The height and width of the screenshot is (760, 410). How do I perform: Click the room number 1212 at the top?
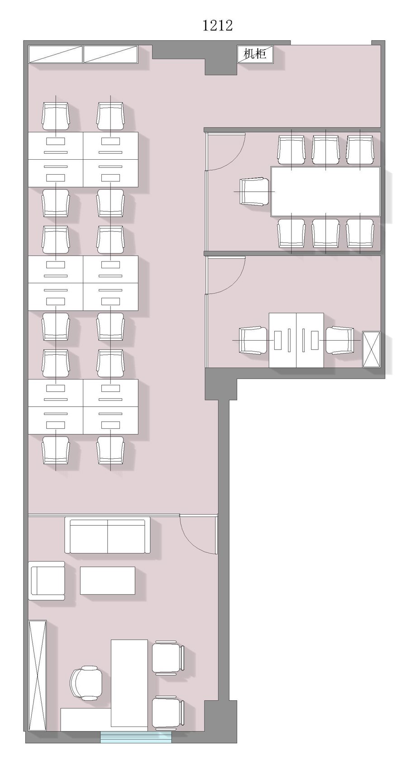(x=217, y=25)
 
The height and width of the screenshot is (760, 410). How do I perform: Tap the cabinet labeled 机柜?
(x=255, y=53)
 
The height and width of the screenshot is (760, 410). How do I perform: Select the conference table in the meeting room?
(x=325, y=191)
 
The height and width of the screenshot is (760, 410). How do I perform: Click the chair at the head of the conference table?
(x=254, y=192)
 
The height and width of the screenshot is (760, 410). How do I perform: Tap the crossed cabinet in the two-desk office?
(x=371, y=349)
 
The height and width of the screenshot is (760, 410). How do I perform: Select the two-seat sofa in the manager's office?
(x=107, y=536)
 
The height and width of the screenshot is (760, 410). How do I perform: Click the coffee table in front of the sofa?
(x=108, y=580)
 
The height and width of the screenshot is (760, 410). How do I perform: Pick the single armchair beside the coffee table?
(x=47, y=580)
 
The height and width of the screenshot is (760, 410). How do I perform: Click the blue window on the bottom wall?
(x=136, y=736)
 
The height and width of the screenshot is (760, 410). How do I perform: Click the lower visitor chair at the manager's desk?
(x=168, y=713)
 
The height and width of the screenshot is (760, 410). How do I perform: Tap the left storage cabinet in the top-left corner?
(x=56, y=54)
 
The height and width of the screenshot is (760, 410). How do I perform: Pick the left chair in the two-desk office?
(x=253, y=340)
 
